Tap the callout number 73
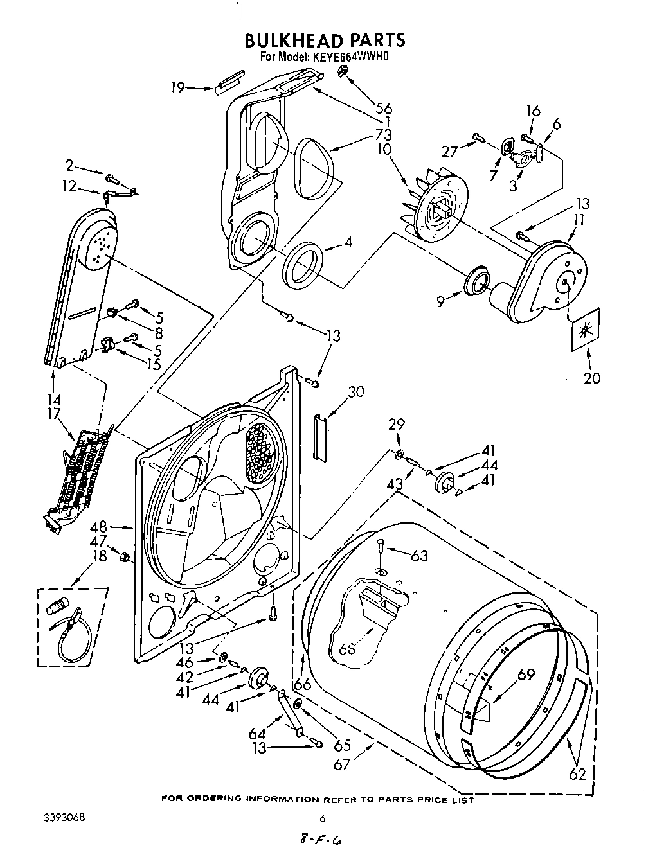384,135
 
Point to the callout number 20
591,378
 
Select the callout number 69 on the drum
526,675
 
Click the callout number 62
578,774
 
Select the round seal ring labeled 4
304,263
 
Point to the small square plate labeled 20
585,330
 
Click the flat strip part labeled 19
228,85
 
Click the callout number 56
384,109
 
